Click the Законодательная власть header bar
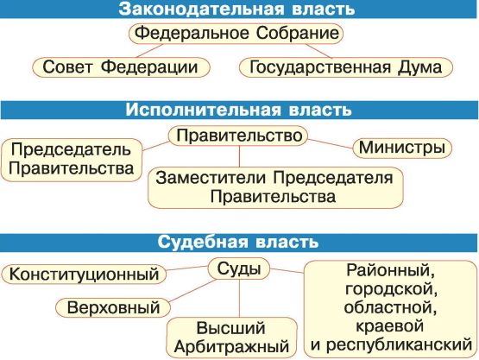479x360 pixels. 240,9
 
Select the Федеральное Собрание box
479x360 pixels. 236,34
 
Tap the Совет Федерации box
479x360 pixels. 121,67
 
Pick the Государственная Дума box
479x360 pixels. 346,67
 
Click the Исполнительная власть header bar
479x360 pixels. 240,110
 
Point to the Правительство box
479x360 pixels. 238,136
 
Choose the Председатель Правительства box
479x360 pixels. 72,160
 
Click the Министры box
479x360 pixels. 402,148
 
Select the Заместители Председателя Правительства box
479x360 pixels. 275,187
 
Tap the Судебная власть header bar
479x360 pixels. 240,243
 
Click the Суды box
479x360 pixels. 239,269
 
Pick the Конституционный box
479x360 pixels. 84,275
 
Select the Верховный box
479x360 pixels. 113,307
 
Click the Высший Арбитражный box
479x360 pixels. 231,338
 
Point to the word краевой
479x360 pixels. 390,326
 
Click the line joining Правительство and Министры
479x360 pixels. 331,143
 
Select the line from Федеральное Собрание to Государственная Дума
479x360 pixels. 318,51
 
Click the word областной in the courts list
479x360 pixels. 390,307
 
